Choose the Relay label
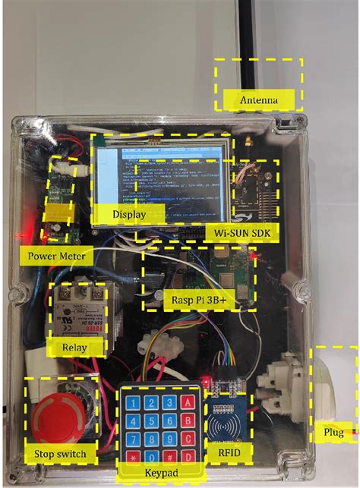(74, 348)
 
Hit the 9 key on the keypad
(169, 437)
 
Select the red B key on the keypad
(188, 419)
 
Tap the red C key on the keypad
(188, 438)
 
